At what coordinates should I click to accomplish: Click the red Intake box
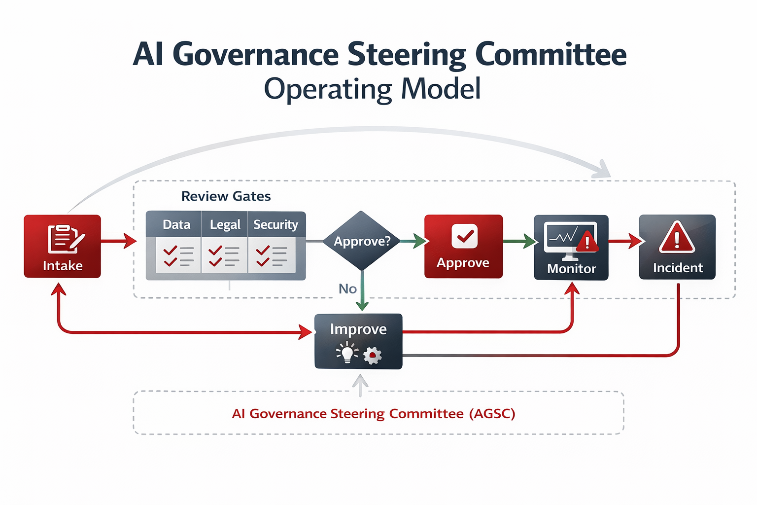(63, 246)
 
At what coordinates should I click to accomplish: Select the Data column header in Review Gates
(176, 225)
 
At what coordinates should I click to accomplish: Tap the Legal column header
(225, 225)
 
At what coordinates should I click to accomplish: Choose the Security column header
(275, 225)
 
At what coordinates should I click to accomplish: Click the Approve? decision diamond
(362, 241)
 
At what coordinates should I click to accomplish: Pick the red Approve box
(463, 246)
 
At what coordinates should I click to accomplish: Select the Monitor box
(571, 248)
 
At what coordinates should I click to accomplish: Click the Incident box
(677, 247)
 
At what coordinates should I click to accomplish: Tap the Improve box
(358, 341)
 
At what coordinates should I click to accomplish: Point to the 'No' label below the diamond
(347, 289)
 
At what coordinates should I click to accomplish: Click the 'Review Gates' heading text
(226, 196)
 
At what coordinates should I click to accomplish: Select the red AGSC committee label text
(374, 413)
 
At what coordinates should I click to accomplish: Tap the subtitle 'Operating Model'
(372, 89)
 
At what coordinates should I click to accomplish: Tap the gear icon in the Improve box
(373, 355)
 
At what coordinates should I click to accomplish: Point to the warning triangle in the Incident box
(677, 238)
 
